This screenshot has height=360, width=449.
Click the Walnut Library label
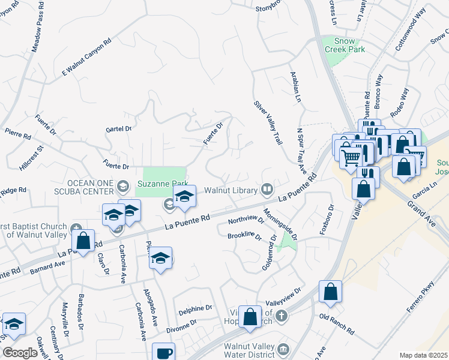pyautogui.click(x=231, y=191)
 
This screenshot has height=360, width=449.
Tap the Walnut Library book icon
pyautogui.click(x=267, y=190)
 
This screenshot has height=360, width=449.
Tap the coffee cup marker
pyautogui.click(x=163, y=353)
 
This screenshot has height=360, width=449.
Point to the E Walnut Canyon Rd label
pyautogui.click(x=87, y=58)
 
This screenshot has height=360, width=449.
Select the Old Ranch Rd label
pyautogui.click(x=337, y=324)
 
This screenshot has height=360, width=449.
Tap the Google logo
pyautogui.click(x=20, y=352)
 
